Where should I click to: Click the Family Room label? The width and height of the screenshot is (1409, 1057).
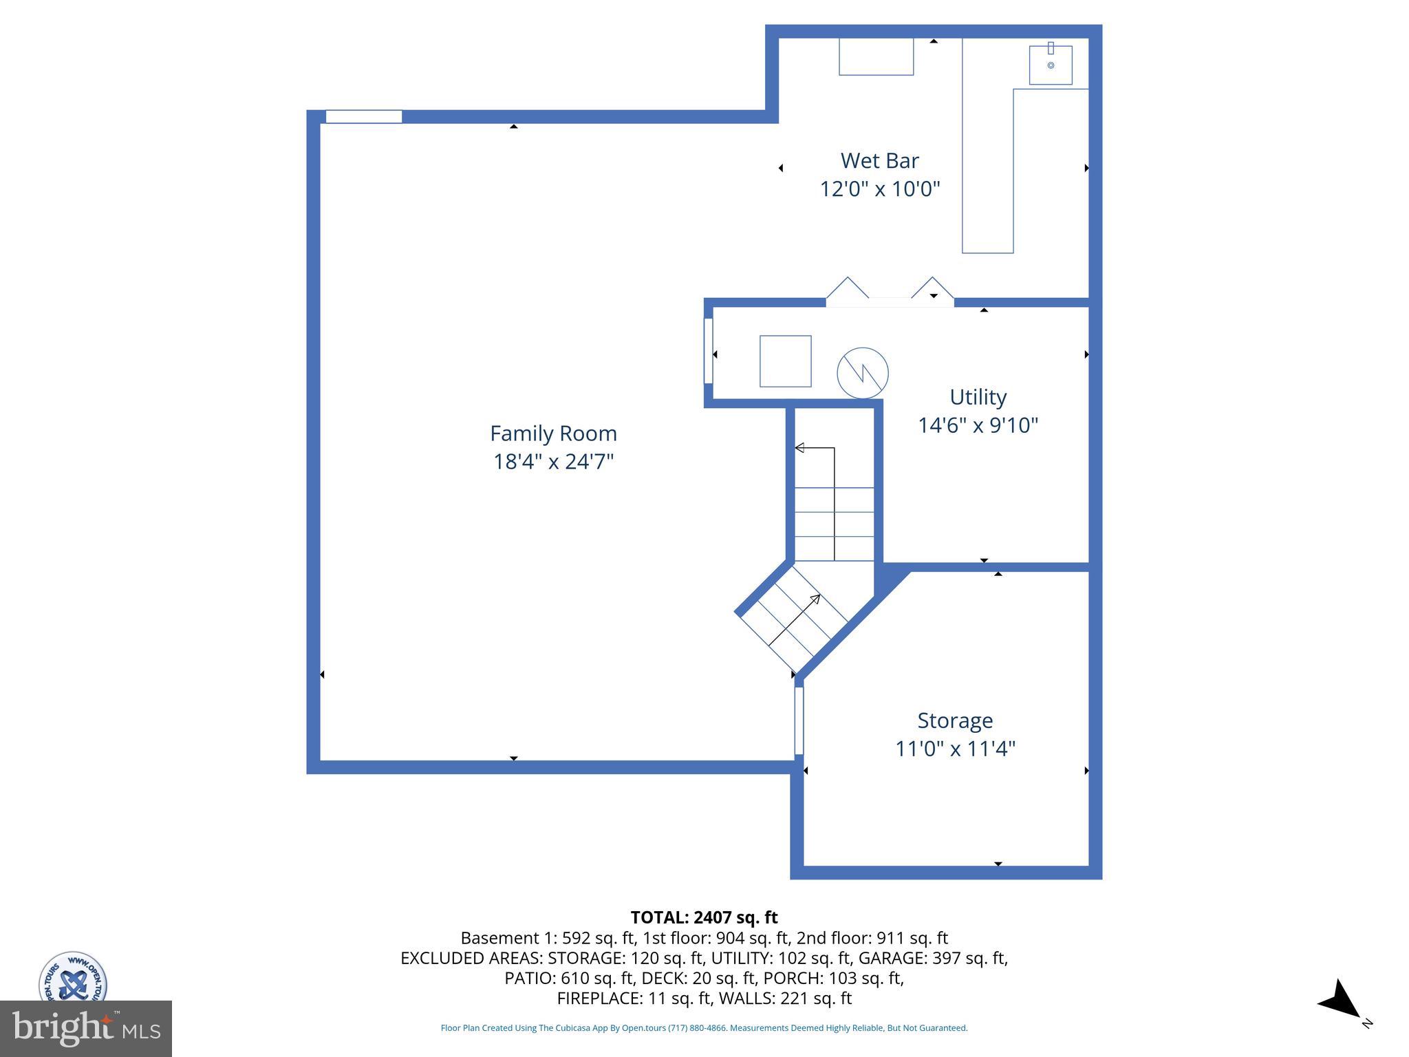553,434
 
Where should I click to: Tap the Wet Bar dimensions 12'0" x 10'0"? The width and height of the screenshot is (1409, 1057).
879,189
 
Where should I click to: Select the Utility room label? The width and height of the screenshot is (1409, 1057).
978,397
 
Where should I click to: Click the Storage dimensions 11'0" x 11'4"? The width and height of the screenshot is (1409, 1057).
955,749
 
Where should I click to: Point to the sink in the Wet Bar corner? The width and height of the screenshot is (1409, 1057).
1051,65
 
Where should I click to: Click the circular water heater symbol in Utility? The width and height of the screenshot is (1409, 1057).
862,373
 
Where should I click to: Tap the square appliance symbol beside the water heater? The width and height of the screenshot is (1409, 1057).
785,361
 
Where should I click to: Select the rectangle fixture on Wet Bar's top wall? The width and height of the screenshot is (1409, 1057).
876,56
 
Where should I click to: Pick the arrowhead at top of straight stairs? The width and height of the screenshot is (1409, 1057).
799,448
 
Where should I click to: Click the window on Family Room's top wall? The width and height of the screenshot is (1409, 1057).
363,116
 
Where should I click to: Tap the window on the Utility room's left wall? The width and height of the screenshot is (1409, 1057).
708,351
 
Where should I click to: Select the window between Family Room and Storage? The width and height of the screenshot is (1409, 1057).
799,720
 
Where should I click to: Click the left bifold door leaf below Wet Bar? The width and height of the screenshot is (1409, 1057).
847,288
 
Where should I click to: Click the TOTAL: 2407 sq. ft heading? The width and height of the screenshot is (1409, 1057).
704,917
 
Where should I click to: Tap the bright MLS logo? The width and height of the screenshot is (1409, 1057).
86,1028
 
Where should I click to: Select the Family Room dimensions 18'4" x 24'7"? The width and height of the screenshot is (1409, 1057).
553,462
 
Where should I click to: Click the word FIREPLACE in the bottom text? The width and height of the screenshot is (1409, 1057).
599,998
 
